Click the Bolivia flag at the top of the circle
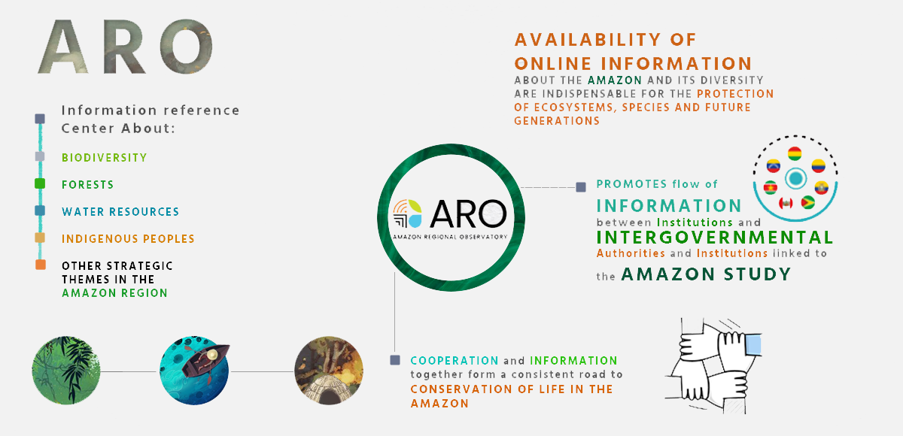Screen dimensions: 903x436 tap(795, 154)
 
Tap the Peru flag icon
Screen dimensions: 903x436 tap(786, 203)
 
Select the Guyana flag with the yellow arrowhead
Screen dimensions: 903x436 tap(807, 202)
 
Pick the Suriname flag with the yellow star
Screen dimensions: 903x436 tap(771, 188)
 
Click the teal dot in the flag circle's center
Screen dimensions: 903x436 tap(795, 178)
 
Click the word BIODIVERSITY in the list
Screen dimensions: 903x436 tap(105, 157)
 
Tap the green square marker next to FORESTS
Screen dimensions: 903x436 tap(40, 183)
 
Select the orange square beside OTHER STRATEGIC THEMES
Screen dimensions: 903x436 tap(41, 265)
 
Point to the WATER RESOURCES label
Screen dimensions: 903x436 tap(120, 212)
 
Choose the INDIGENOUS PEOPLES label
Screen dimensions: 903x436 tap(128, 239)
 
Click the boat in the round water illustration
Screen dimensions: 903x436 tap(205, 359)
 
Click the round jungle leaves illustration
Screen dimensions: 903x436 tap(66, 371)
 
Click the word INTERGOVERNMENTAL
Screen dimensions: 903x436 tap(715, 238)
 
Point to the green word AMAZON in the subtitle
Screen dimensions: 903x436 tap(615, 80)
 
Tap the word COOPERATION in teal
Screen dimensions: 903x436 tap(455, 360)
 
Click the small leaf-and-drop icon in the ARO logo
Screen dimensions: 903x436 tap(408, 213)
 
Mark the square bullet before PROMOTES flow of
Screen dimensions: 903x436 tap(581, 187)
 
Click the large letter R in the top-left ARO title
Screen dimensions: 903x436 tap(124, 47)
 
